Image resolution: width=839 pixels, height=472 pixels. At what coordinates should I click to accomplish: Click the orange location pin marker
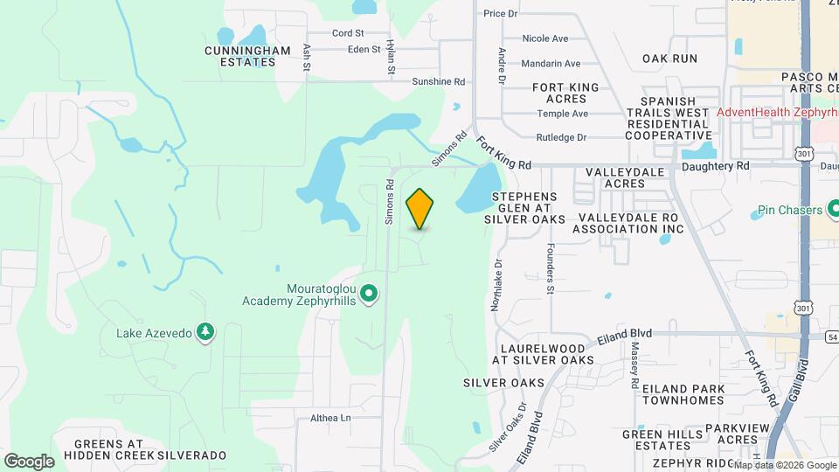pyautogui.click(x=420, y=209)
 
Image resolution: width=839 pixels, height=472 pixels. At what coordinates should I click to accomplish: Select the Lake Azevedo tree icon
pyautogui.click(x=205, y=331)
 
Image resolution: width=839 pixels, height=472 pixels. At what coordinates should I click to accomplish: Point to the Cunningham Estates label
pyautogui.click(x=247, y=57)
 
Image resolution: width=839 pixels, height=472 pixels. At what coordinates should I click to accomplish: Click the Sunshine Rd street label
pyautogui.click(x=438, y=81)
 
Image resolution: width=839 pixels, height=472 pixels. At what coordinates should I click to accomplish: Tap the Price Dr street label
pyautogui.click(x=500, y=14)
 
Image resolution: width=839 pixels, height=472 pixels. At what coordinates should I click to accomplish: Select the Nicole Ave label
pyautogui.click(x=544, y=38)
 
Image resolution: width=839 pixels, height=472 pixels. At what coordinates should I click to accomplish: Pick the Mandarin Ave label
pyautogui.click(x=551, y=64)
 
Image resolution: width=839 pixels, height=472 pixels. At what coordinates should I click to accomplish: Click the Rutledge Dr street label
pyautogui.click(x=561, y=137)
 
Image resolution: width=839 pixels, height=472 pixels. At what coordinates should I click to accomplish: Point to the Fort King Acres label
pyautogui.click(x=566, y=94)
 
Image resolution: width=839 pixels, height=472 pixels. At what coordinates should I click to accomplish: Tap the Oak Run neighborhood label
pyautogui.click(x=670, y=59)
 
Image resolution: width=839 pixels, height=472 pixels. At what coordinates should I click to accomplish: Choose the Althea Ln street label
pyautogui.click(x=330, y=418)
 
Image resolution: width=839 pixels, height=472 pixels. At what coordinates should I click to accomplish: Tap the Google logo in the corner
pyautogui.click(x=29, y=461)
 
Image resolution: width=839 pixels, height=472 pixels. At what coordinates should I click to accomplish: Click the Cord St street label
pyautogui.click(x=348, y=33)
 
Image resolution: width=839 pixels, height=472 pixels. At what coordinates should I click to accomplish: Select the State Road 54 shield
pyautogui.click(x=831, y=336)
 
